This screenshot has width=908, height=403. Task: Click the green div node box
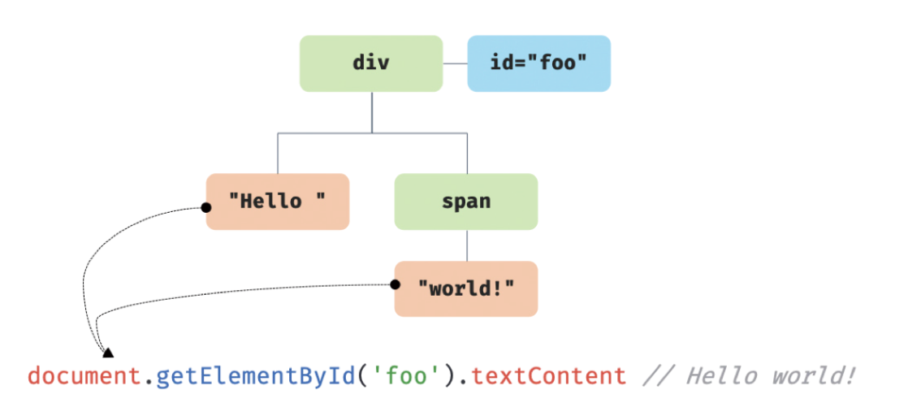click(x=371, y=63)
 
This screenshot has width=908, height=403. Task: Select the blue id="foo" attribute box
click(x=538, y=63)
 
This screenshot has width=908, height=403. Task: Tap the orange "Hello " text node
click(x=278, y=201)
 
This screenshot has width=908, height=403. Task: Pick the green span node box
click(x=466, y=201)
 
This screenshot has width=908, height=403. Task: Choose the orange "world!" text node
click(x=466, y=288)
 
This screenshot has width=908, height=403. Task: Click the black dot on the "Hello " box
click(x=206, y=208)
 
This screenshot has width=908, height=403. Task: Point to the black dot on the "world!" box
click(x=396, y=284)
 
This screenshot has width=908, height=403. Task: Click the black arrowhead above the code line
click(x=107, y=352)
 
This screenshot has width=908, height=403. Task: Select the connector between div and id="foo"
click(x=455, y=63)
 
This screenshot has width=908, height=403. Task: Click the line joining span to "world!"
click(x=466, y=245)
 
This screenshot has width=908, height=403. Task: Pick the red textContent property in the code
click(x=548, y=376)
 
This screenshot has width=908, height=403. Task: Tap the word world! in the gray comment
click(x=812, y=376)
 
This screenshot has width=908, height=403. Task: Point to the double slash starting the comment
click(x=655, y=376)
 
